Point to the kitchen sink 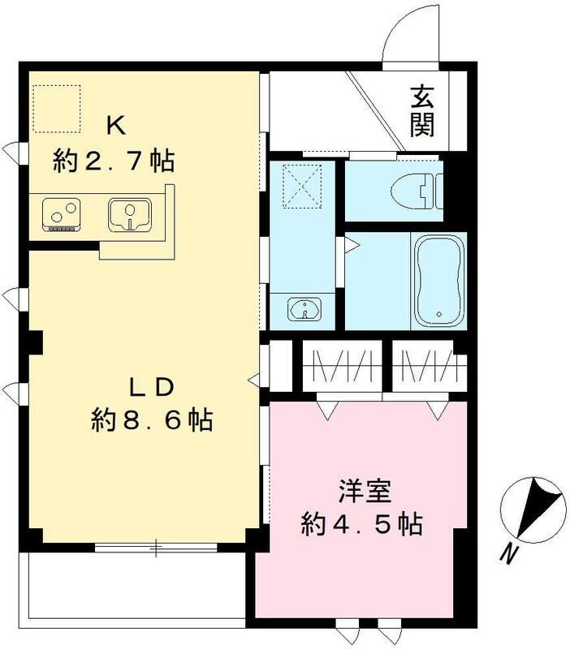pos(129,215)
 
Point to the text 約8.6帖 pos(152,419)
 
